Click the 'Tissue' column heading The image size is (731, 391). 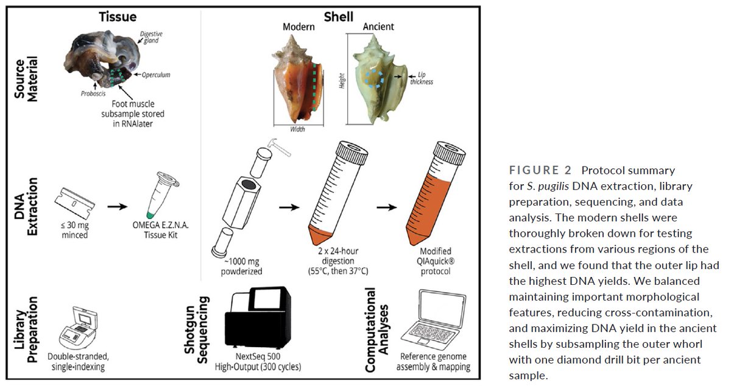pyautogui.click(x=118, y=16)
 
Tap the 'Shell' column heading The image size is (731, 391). pyautogui.click(x=339, y=16)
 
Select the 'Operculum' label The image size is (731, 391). pyautogui.click(x=156, y=75)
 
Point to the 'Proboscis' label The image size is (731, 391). pyautogui.click(x=93, y=93)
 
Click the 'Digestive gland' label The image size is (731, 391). pyautogui.click(x=151, y=37)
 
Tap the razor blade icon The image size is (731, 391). pyautogui.click(x=75, y=203)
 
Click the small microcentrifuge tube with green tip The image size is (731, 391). pyautogui.click(x=161, y=195)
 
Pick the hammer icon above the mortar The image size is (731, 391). pyautogui.click(x=279, y=146)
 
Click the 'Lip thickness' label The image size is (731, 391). pyautogui.click(x=422, y=79)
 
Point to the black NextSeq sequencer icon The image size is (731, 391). pyautogui.click(x=258, y=318)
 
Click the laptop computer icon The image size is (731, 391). pyautogui.click(x=434, y=320)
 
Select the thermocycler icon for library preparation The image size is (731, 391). pyautogui.click(x=79, y=328)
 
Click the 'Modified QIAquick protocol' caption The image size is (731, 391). pyautogui.click(x=436, y=261)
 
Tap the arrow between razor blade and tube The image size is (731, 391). pyautogui.click(x=118, y=206)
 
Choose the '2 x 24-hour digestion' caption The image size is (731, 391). pyautogui.click(x=338, y=261)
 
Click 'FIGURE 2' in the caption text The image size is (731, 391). pyautogui.click(x=540, y=170)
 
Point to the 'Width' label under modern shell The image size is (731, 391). pyautogui.click(x=298, y=129)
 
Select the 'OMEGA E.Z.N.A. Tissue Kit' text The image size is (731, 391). pyautogui.click(x=161, y=230)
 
